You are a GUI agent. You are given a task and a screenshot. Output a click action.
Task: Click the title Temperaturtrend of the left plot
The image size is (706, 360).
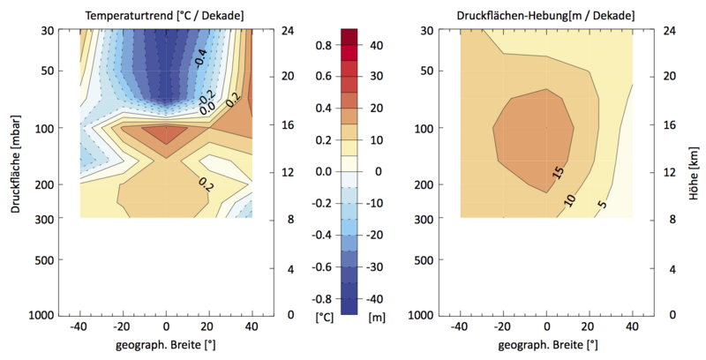click(164, 15)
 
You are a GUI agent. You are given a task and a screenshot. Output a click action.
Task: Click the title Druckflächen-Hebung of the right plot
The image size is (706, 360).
click(546, 15)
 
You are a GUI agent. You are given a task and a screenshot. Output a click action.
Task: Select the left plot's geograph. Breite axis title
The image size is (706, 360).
click(165, 344)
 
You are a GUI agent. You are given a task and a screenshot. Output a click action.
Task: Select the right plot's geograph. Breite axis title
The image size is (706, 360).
click(546, 344)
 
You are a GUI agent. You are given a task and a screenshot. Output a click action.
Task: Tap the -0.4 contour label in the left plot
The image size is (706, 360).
click(201, 58)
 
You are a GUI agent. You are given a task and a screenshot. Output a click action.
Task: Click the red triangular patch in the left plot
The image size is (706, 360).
click(166, 135)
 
